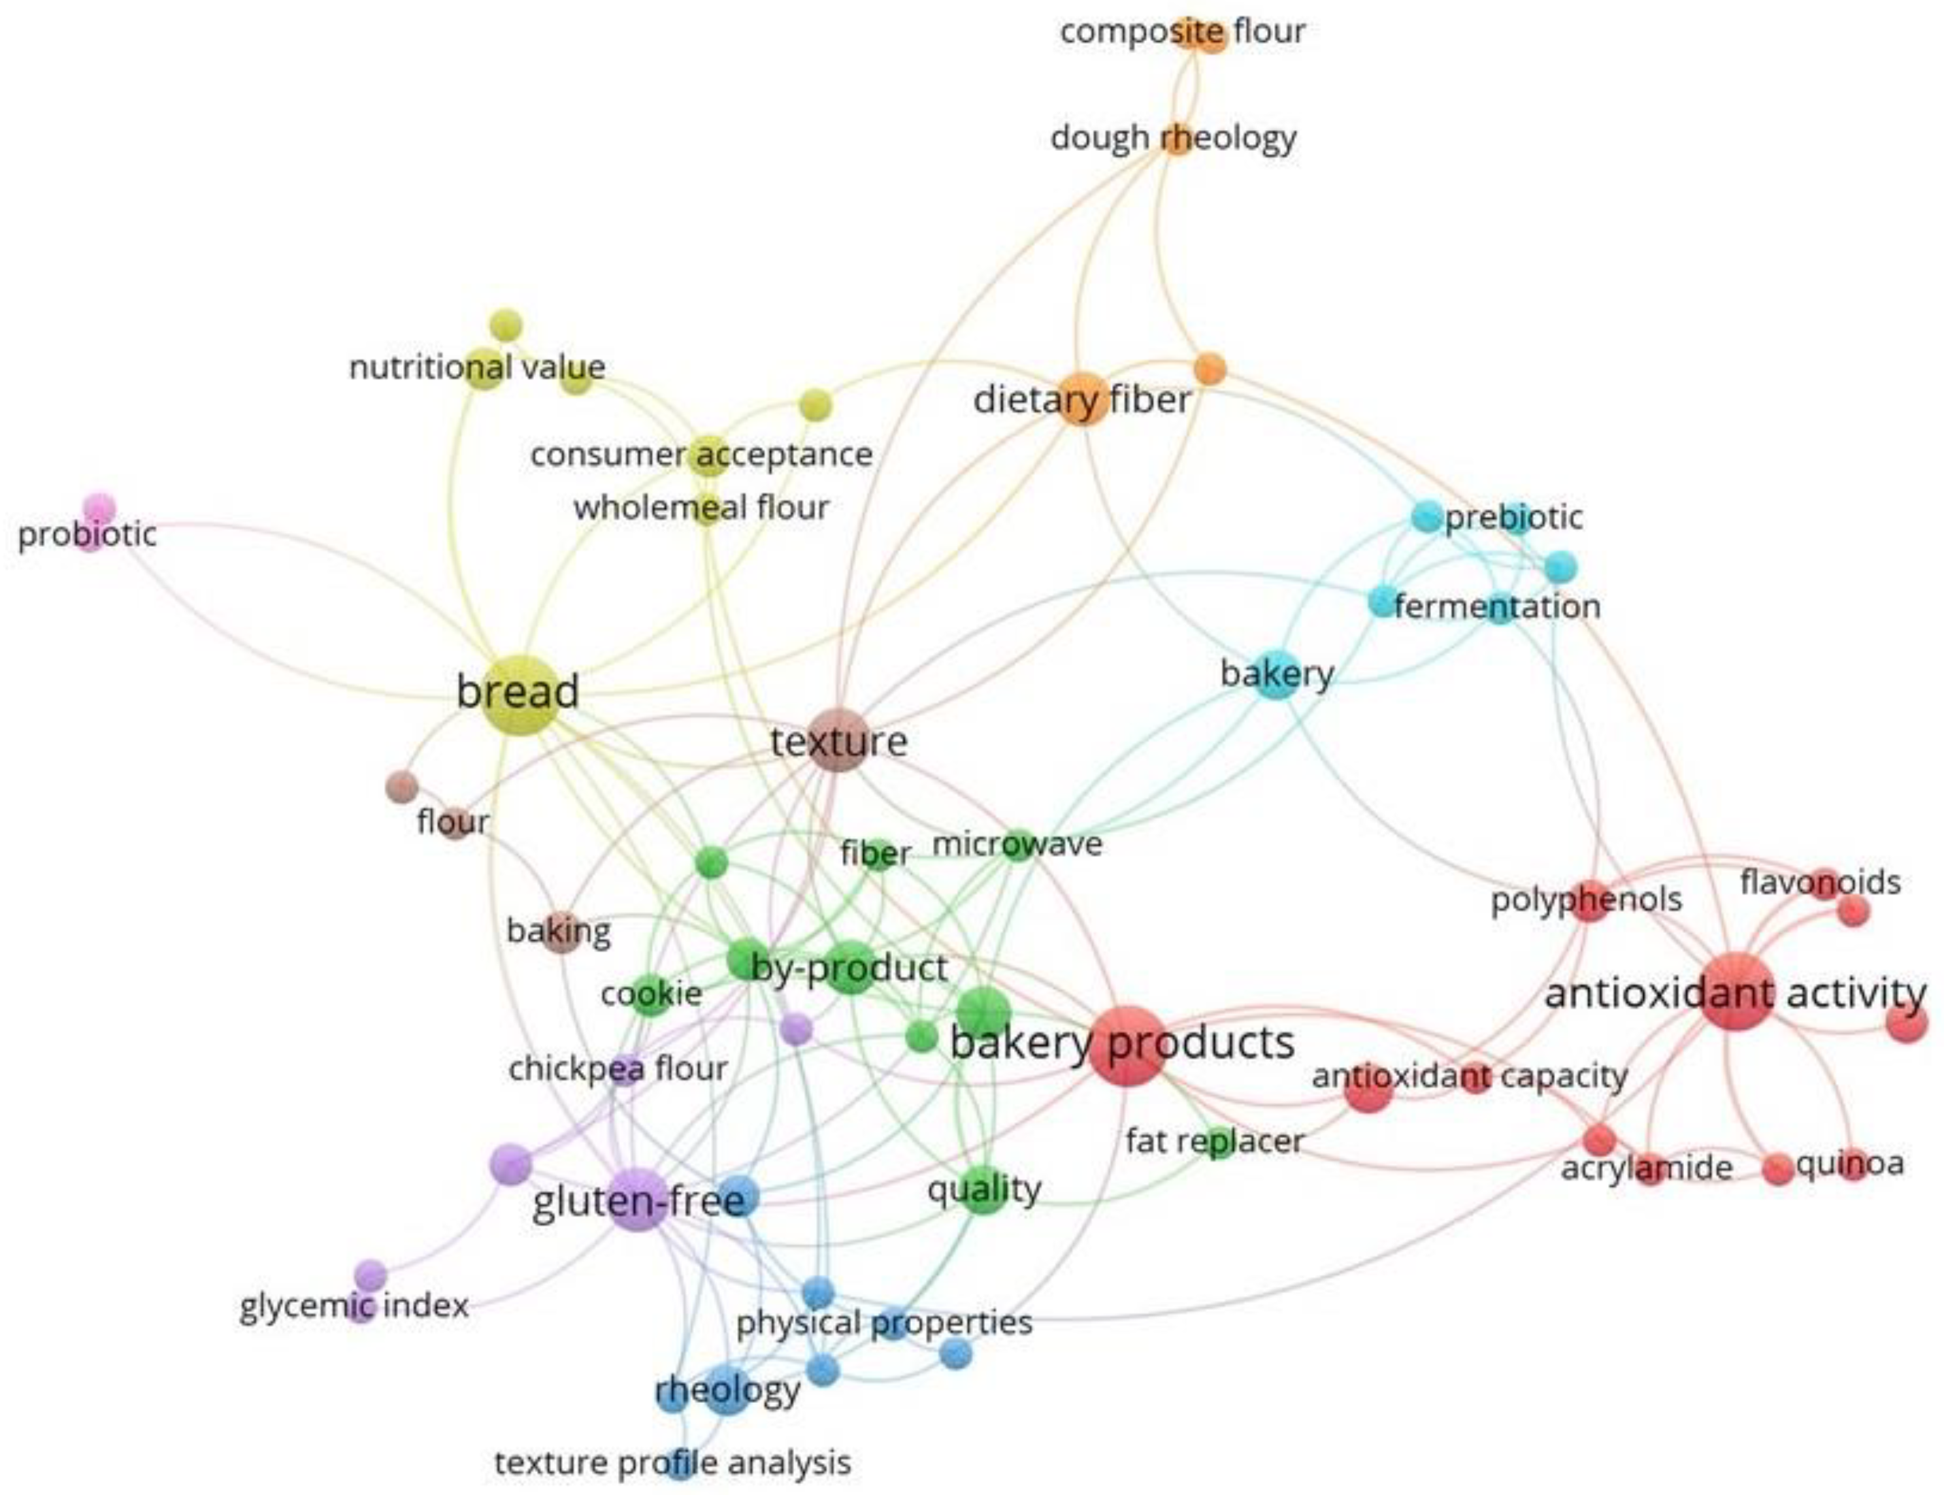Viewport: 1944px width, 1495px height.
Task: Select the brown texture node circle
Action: (839, 740)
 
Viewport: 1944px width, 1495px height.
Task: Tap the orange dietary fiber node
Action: (1083, 399)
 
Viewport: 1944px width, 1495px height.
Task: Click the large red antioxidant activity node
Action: (1736, 991)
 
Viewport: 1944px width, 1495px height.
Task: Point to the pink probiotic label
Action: (86, 534)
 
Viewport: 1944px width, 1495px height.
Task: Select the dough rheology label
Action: (1173, 138)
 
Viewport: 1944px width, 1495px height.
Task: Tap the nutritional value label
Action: (477, 367)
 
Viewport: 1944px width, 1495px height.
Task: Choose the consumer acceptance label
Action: (701, 455)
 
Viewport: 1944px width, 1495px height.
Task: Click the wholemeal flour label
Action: (701, 507)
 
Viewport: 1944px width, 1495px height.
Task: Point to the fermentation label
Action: (1496, 606)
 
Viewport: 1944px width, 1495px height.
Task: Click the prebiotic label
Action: (1513, 517)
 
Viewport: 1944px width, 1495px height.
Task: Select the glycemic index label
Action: (354, 1306)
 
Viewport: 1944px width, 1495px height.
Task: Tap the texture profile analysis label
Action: (672, 1462)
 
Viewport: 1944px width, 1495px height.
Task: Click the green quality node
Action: (984, 1190)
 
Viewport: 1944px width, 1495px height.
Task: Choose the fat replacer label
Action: (1213, 1141)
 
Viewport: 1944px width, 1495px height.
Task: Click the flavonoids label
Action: (1819, 883)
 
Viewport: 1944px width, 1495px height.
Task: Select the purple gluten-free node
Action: (639, 1200)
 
